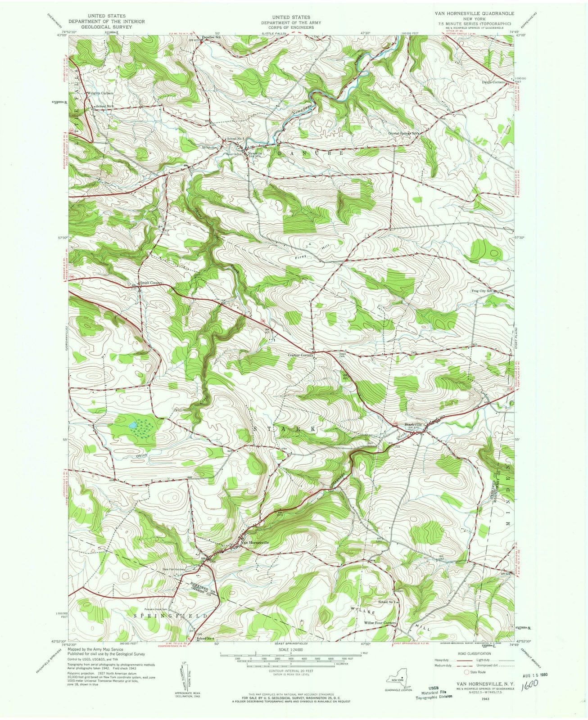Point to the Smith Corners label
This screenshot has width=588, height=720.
coord(150,283)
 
